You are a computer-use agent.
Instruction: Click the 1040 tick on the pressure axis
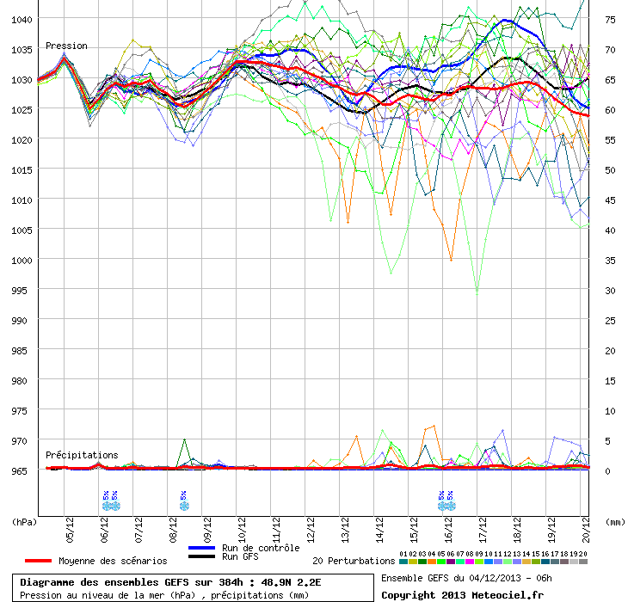[22, 19]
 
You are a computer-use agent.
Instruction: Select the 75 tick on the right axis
[610, 19]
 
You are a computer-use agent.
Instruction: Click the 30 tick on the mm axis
[610, 290]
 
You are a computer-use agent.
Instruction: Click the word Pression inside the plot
[66, 46]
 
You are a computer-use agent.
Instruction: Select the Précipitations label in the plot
[82, 455]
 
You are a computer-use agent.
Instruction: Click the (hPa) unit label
[24, 521]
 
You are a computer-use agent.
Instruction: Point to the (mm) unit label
[615, 521]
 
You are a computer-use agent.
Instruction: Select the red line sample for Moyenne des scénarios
[39, 561]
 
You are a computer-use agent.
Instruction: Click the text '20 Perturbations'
[353, 561]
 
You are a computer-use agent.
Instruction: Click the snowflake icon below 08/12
[183, 505]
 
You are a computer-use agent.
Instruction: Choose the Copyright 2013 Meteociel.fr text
[463, 594]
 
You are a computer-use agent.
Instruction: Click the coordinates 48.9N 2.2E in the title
[292, 582]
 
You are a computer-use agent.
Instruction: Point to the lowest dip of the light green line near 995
[477, 293]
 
